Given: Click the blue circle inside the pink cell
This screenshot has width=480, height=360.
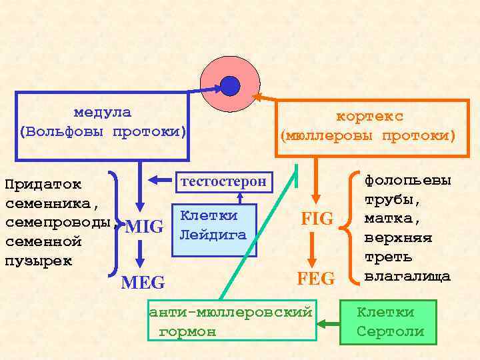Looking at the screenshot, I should pos(230,85).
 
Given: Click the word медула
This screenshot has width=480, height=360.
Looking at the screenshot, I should pos(102,113).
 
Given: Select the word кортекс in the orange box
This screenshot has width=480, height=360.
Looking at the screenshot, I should pos(369,117).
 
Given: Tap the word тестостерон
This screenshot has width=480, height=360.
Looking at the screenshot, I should pos(223,181).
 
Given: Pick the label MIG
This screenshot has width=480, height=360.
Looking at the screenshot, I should pos(144,227).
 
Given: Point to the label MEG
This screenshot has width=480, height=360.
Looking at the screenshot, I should pos(143,282).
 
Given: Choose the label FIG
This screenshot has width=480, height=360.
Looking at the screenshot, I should pos(317,219).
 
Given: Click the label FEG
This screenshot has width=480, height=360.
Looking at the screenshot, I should pos(317,278).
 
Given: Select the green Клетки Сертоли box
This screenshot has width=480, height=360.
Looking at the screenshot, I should pos(388,322).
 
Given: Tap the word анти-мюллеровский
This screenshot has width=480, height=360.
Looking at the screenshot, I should pos(231,312).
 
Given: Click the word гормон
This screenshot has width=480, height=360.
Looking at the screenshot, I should pos(188,331).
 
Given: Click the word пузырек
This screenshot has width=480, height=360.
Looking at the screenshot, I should pos(39,260).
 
